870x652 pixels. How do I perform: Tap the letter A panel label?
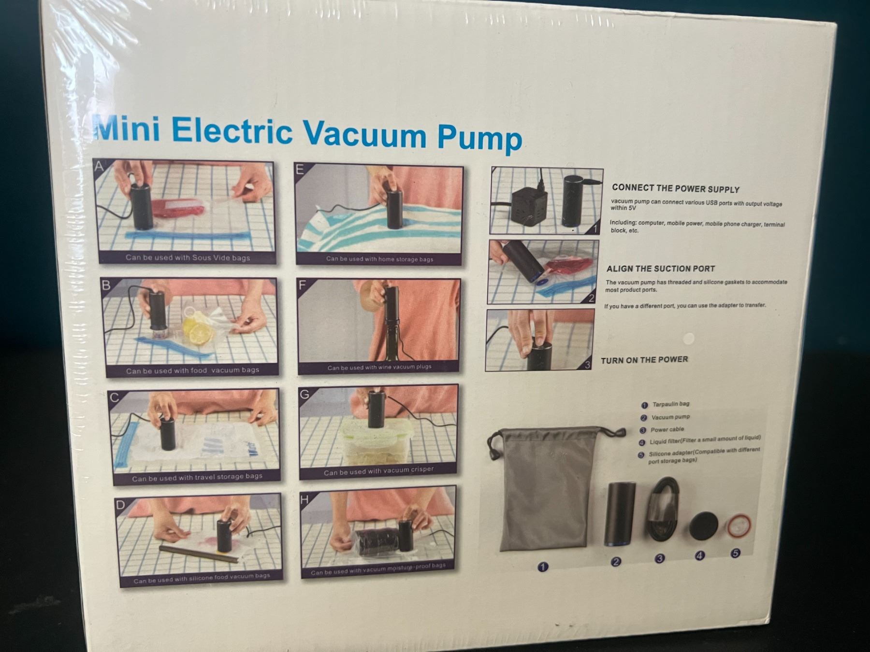coord(99,167)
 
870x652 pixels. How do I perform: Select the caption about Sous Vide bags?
coord(188,257)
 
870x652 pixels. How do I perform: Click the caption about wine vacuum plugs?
coord(379,367)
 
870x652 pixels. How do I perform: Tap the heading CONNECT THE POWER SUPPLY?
coord(676,189)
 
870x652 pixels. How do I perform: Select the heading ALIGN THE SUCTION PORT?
coord(660,269)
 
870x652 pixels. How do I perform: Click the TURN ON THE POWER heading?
coord(644,360)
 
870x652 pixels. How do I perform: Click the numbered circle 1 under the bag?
coord(543,567)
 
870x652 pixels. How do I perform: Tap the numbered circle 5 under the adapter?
coord(735,553)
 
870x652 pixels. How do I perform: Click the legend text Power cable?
coord(667,429)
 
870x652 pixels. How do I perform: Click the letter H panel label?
coord(304,499)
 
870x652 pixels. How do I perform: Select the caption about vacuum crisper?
coord(379,470)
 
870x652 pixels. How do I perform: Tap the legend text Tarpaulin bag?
coord(671,404)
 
